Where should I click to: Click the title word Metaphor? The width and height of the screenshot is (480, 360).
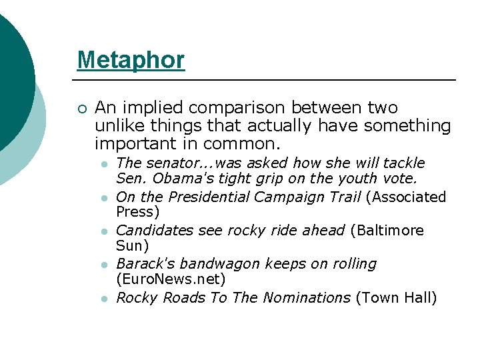pyautogui.click(x=131, y=60)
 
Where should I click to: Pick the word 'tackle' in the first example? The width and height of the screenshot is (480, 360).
pyautogui.click(x=403, y=163)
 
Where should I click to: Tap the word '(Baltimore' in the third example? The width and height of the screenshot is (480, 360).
pyautogui.click(x=389, y=231)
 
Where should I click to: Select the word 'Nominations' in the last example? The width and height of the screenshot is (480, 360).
pyautogui.click(x=307, y=297)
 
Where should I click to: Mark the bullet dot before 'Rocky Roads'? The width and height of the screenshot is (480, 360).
pyautogui.click(x=104, y=299)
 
